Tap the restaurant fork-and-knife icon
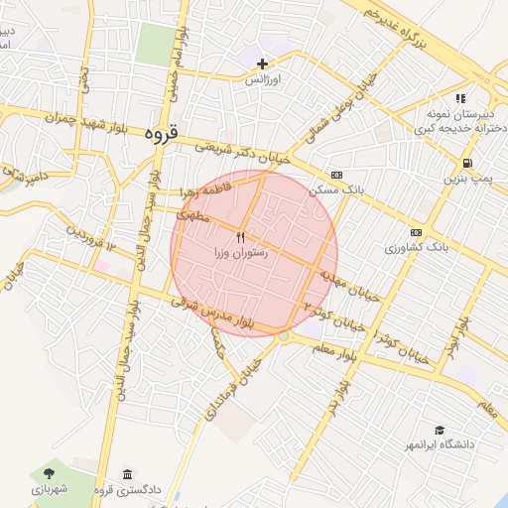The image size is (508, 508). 240,238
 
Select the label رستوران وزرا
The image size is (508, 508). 240,254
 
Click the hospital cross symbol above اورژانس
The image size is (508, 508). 262,64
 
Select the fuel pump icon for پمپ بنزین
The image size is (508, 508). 465,164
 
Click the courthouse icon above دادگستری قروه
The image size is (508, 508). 126,473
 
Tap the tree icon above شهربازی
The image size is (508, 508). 48,473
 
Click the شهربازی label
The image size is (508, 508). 48,489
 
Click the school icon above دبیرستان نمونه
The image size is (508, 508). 459,98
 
